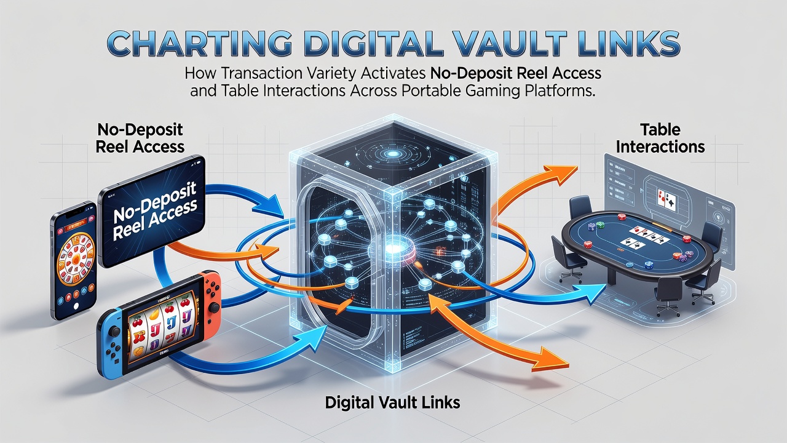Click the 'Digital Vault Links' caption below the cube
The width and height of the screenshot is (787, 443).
click(392, 402)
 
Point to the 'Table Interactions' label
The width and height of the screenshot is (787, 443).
click(660, 138)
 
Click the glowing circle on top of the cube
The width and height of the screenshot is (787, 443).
click(390, 154)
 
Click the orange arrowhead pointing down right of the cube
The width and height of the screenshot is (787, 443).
click(549, 359)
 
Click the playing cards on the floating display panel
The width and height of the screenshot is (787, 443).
click(666, 200)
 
